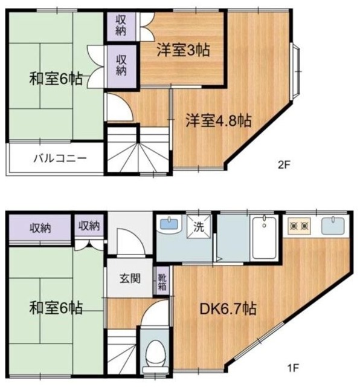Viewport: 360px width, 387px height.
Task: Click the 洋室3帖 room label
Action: click(184, 51)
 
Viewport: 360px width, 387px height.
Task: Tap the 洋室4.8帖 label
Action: click(218, 120)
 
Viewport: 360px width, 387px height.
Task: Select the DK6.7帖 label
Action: click(228, 309)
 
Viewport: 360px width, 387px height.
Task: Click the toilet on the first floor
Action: click(155, 352)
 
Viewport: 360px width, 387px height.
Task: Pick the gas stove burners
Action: click(300, 227)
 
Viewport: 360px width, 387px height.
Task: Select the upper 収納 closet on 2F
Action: click(121, 25)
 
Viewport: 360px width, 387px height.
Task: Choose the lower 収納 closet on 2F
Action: click(121, 65)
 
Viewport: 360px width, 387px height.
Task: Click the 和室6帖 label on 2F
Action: click(56, 79)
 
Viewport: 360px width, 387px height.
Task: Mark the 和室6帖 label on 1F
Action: click(56, 308)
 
